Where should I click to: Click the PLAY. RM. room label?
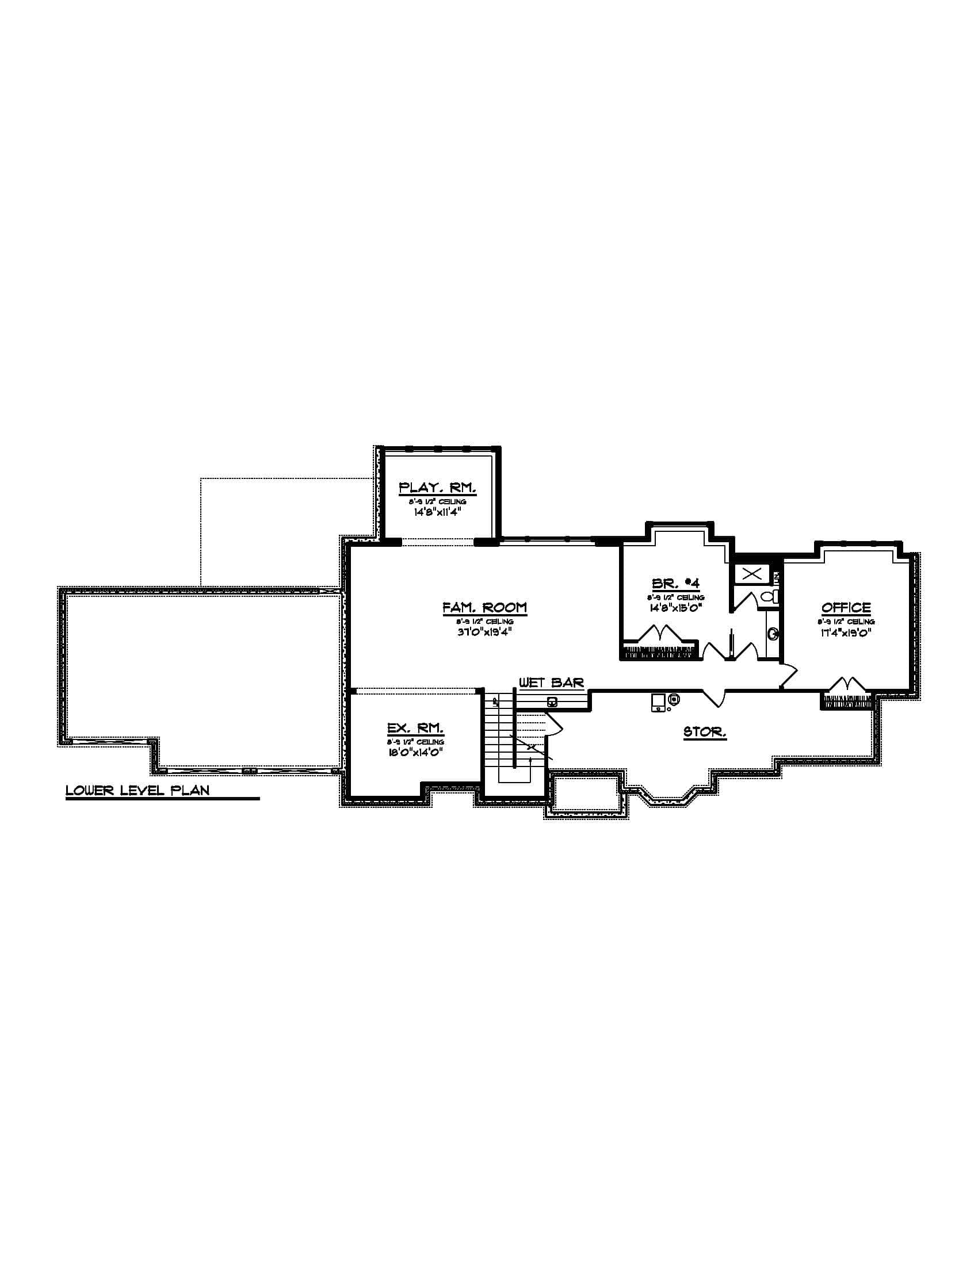point(437,488)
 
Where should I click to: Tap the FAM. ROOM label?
point(484,608)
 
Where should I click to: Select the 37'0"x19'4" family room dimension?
point(484,632)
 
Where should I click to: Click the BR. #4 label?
point(675,584)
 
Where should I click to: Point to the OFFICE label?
point(846,608)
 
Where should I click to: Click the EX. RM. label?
point(415,728)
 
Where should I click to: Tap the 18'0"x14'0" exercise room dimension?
point(415,753)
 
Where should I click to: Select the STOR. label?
point(705,732)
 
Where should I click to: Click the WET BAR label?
point(551,683)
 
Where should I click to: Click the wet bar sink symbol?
point(552,703)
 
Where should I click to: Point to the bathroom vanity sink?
point(772,634)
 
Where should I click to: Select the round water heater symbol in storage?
point(674,700)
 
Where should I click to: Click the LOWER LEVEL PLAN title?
point(137,790)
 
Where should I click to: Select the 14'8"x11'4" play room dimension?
point(437,512)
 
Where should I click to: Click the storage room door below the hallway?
point(715,697)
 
